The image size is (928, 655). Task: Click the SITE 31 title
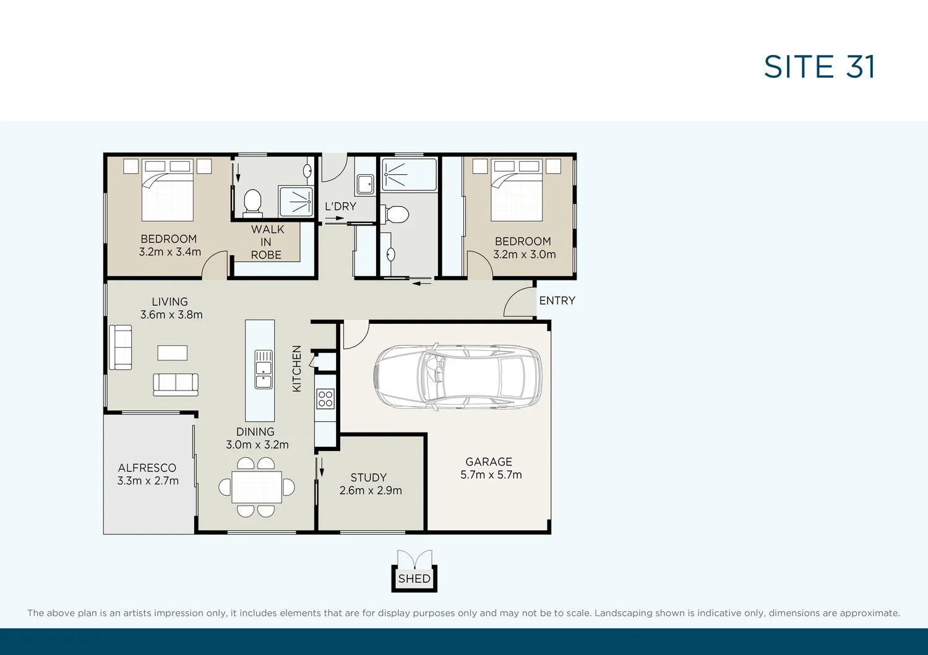point(819,67)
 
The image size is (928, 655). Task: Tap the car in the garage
point(458,377)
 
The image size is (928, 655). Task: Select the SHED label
point(414,579)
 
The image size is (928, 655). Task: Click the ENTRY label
point(557,301)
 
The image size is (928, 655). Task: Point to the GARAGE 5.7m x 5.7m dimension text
point(491,475)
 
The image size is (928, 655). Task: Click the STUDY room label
point(369,478)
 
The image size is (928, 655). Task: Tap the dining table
point(257,487)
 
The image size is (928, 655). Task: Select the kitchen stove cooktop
point(325,399)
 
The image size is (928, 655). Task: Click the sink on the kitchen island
point(264,370)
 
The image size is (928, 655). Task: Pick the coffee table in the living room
point(172,353)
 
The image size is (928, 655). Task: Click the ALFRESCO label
point(147,468)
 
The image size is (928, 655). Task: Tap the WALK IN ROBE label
point(267,242)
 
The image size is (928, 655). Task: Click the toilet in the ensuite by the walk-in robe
point(252,202)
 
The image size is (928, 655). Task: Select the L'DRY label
point(340,206)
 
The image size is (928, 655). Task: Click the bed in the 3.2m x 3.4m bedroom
point(168,190)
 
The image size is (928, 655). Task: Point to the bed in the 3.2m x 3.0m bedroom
point(517,190)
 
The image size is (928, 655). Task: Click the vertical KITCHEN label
point(297,368)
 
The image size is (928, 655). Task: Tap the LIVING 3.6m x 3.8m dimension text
point(171,315)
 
